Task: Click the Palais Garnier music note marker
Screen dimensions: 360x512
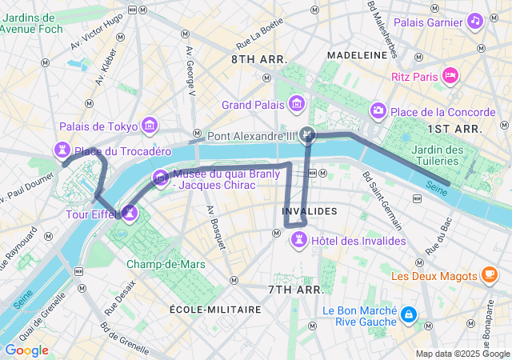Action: (475, 20)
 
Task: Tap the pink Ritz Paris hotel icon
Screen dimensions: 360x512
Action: (450, 76)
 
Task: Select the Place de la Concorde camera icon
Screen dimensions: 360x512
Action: (378, 110)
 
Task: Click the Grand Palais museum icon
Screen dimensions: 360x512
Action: (298, 104)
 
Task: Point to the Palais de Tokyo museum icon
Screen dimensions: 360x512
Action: (149, 126)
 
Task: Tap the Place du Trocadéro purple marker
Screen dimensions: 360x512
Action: (62, 150)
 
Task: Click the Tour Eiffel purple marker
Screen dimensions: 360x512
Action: (129, 213)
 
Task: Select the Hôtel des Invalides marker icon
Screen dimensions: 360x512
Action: (298, 239)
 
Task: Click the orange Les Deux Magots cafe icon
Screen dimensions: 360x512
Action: (489, 276)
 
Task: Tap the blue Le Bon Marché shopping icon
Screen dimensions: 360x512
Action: (409, 315)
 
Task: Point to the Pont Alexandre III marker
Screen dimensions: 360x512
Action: (308, 136)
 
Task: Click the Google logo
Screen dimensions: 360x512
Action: (26, 350)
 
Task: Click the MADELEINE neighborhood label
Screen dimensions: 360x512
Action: (358, 55)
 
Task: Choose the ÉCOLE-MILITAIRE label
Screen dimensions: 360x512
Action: (215, 310)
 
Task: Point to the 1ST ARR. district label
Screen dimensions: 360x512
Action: (454, 128)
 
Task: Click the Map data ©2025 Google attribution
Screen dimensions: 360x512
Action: (462, 354)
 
